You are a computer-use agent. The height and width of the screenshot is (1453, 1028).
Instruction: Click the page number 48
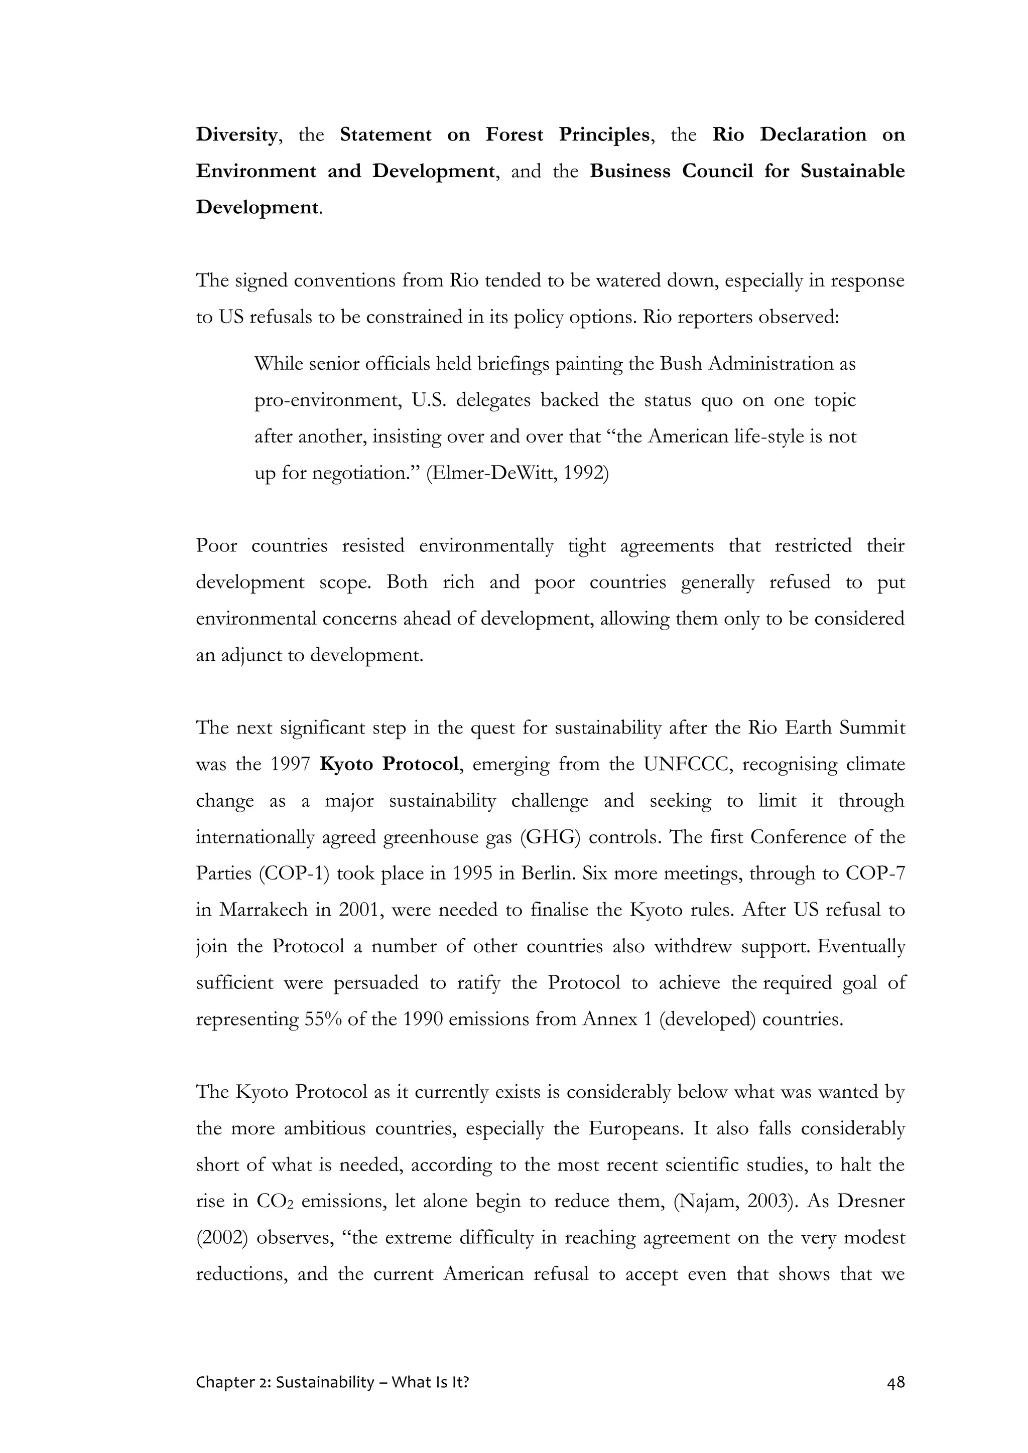pyautogui.click(x=895, y=1382)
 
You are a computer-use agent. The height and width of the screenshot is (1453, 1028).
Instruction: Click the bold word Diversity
pyautogui.click(x=236, y=135)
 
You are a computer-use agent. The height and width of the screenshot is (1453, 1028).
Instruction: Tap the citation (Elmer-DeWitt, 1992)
pyautogui.click(x=517, y=473)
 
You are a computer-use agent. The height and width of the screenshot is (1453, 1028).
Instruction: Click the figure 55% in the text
pyautogui.click(x=323, y=1019)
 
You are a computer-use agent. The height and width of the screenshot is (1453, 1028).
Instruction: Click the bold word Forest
pyautogui.click(x=514, y=135)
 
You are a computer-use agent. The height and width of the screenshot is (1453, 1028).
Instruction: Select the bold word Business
pyautogui.click(x=629, y=172)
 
